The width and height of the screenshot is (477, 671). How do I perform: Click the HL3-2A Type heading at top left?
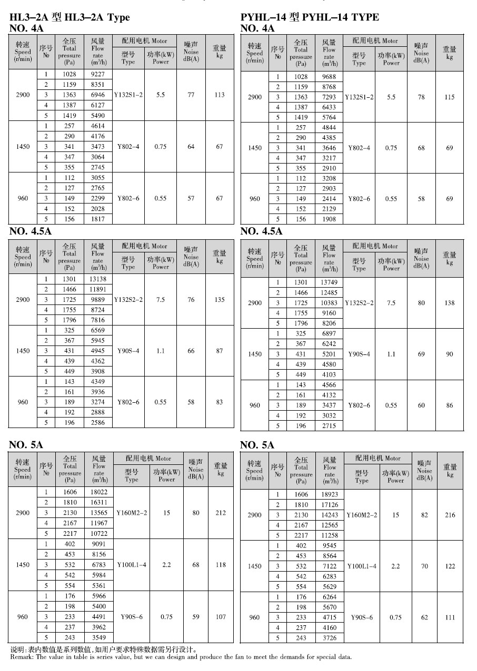tap(69, 17)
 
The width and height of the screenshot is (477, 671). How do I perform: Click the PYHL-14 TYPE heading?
tap(309, 17)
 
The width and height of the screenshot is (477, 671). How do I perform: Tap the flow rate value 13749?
tap(329, 282)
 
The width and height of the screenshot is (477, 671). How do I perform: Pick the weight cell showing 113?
tap(220, 95)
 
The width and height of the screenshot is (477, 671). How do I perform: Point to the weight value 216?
tap(450, 515)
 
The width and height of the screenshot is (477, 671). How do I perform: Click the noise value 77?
tap(191, 95)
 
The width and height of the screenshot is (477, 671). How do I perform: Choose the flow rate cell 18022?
tap(99, 492)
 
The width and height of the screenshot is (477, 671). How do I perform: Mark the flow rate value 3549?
tap(99, 637)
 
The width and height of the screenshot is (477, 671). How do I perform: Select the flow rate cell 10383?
tap(329, 303)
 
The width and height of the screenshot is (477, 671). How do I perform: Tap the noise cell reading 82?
tap(424, 515)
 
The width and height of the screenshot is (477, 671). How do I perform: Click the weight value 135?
tap(220, 300)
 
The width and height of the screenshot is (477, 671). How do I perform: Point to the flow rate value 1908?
tap(329, 219)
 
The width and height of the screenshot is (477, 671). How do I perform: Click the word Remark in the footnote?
tap(21, 657)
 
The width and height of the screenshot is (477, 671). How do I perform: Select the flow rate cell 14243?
tap(330, 515)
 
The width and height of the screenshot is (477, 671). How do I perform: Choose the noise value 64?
tap(191, 147)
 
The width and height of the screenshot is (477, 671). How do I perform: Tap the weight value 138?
tap(450, 303)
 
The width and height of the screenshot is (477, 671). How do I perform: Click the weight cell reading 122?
tap(450, 566)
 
